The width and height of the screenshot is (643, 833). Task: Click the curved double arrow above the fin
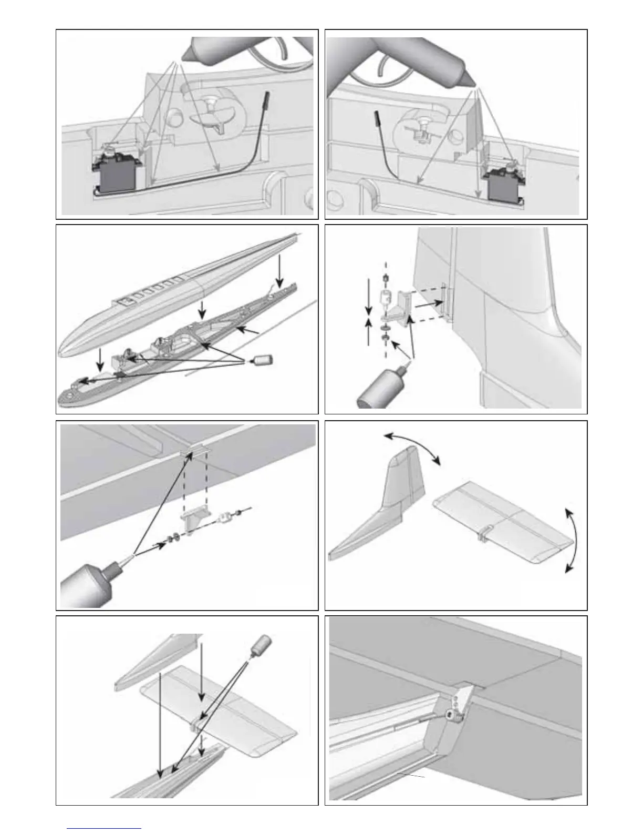pos(412,447)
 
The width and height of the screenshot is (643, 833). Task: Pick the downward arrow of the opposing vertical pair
pos(369,294)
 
